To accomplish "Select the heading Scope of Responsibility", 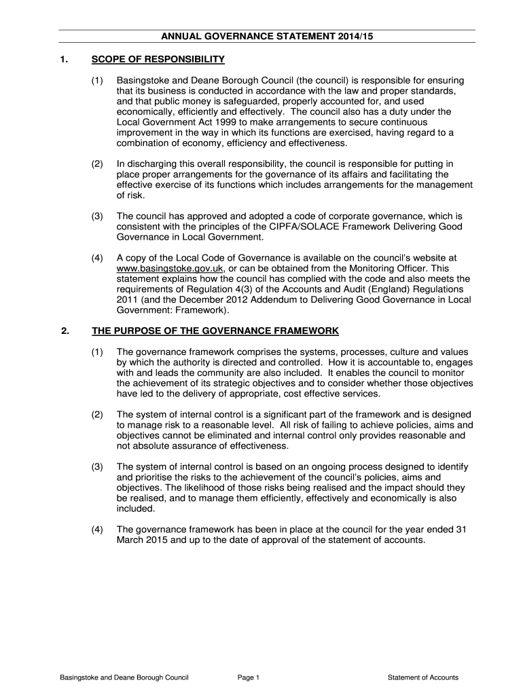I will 158,60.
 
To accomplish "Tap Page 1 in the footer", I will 249,677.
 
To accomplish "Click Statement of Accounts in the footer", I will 422,677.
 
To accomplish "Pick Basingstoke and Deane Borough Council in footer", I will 124,677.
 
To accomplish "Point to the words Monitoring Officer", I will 377,268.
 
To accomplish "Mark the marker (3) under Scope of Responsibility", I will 98,216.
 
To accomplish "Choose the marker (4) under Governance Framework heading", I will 98,530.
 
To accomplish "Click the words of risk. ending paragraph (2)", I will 130,195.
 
